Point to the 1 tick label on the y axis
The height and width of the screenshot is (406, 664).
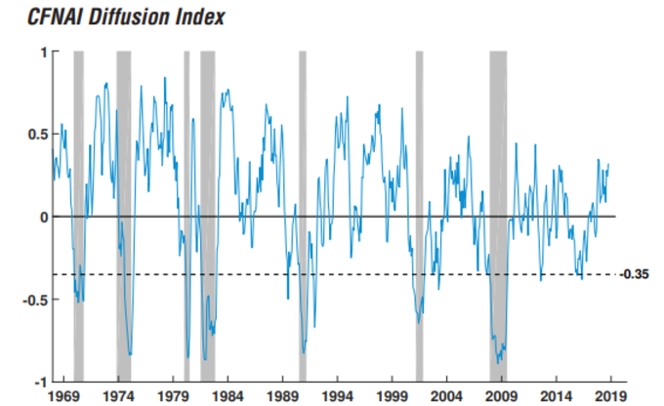click(x=42, y=52)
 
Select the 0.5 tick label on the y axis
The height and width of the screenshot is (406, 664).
click(x=36, y=135)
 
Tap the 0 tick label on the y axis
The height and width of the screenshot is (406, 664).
click(x=42, y=217)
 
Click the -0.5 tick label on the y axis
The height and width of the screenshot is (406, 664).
click(x=34, y=299)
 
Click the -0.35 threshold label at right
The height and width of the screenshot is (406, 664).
click(x=637, y=274)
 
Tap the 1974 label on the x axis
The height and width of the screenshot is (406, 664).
click(x=118, y=397)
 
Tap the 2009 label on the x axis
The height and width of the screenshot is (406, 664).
click(x=501, y=397)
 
